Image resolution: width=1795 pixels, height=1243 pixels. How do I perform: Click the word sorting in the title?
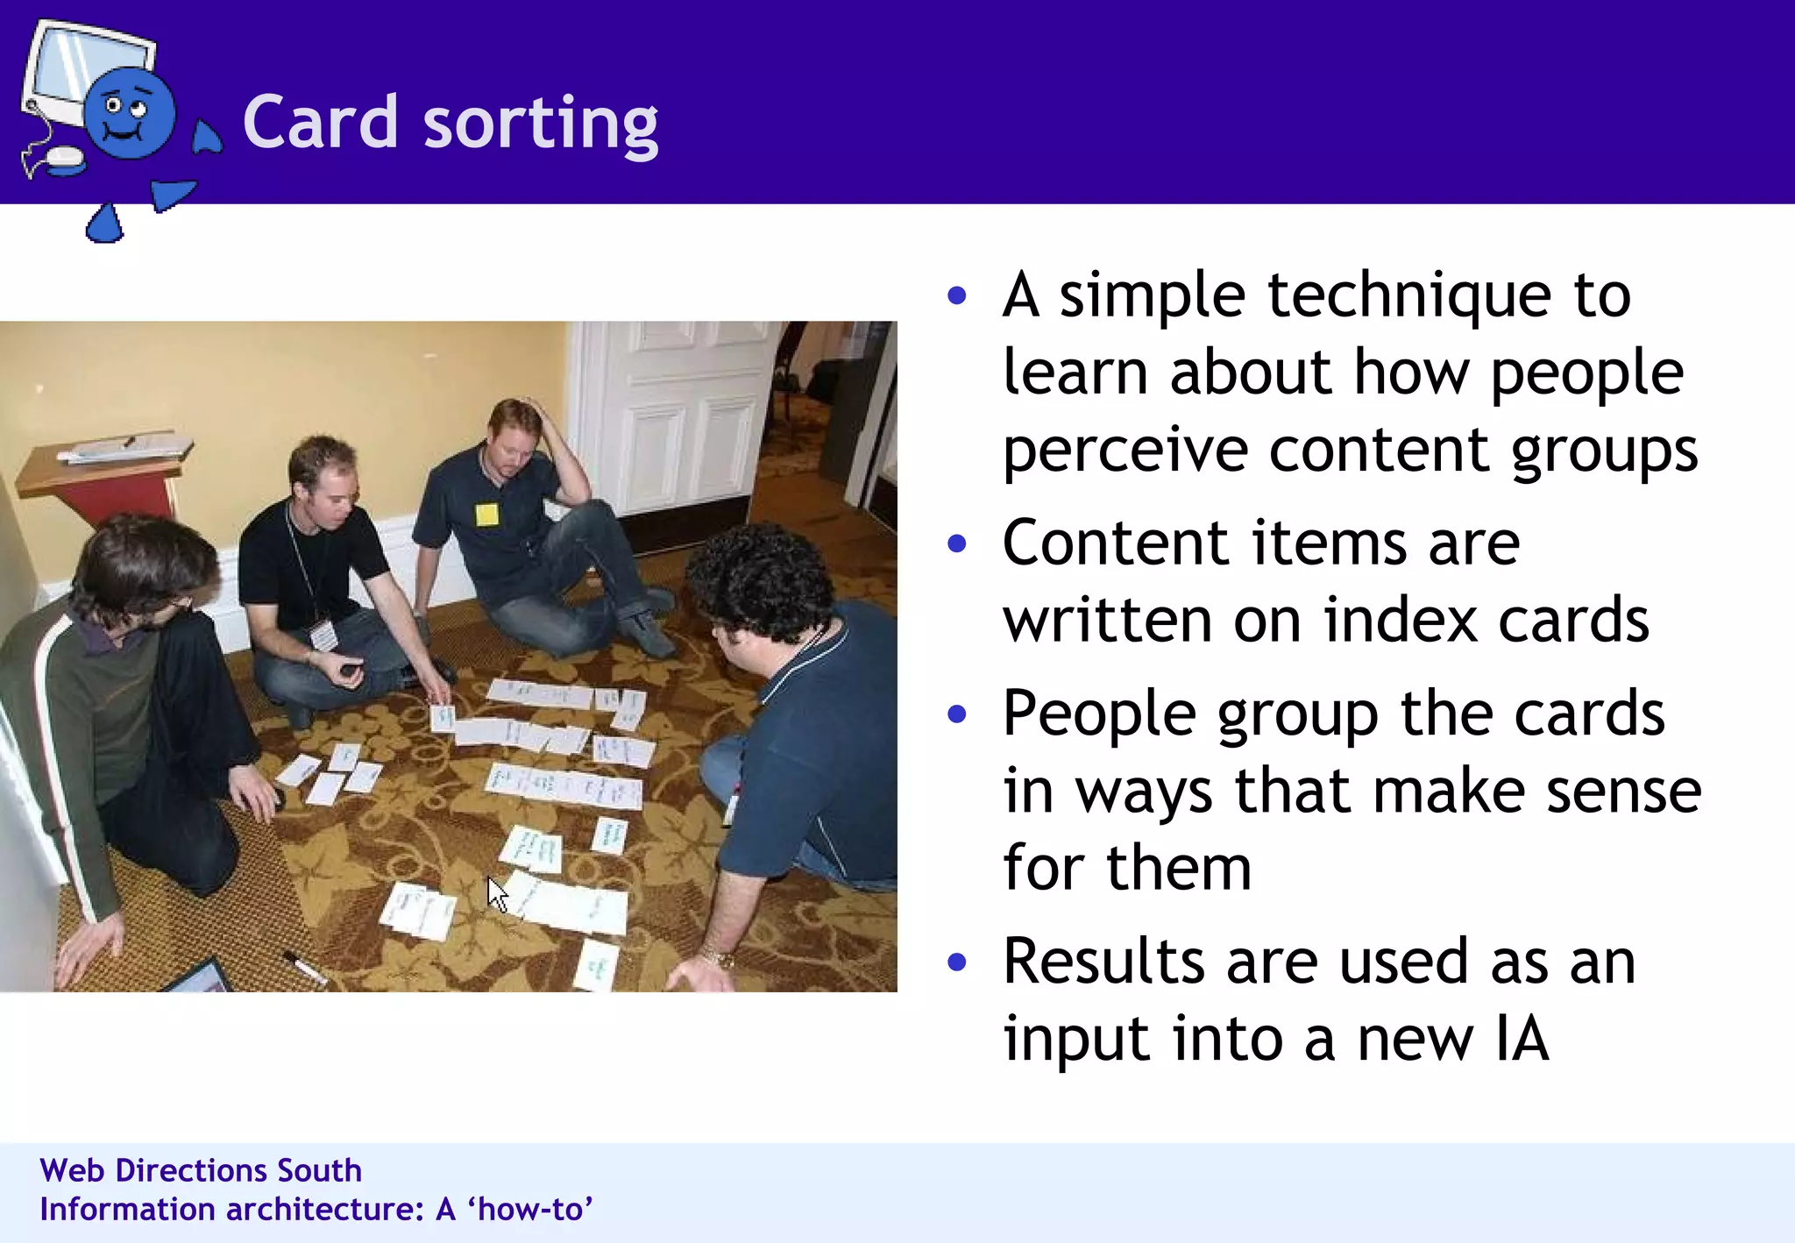coord(540,124)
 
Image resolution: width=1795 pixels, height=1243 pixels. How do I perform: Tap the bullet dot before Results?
coord(957,962)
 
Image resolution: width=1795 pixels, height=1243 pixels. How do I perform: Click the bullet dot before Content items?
coord(957,544)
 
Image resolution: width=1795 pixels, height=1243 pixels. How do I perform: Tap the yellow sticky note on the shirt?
coord(487,515)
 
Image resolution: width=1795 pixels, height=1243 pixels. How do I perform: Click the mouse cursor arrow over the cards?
coord(497,895)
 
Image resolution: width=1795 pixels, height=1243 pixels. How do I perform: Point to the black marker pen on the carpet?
coord(303,967)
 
